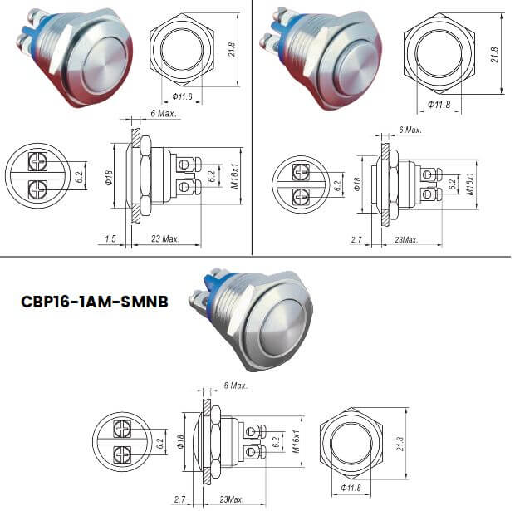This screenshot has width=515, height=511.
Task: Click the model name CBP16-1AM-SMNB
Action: click(x=94, y=302)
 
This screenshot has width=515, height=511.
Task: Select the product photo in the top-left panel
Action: click(x=73, y=60)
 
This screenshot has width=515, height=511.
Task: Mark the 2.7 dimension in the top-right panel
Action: click(x=357, y=239)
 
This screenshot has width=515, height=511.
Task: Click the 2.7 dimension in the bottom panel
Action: click(x=178, y=500)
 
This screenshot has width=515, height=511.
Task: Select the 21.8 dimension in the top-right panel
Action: click(x=495, y=55)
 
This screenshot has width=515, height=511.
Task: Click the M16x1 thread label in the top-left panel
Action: click(x=239, y=175)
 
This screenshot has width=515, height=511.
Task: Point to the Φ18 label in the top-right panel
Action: click(x=358, y=184)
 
